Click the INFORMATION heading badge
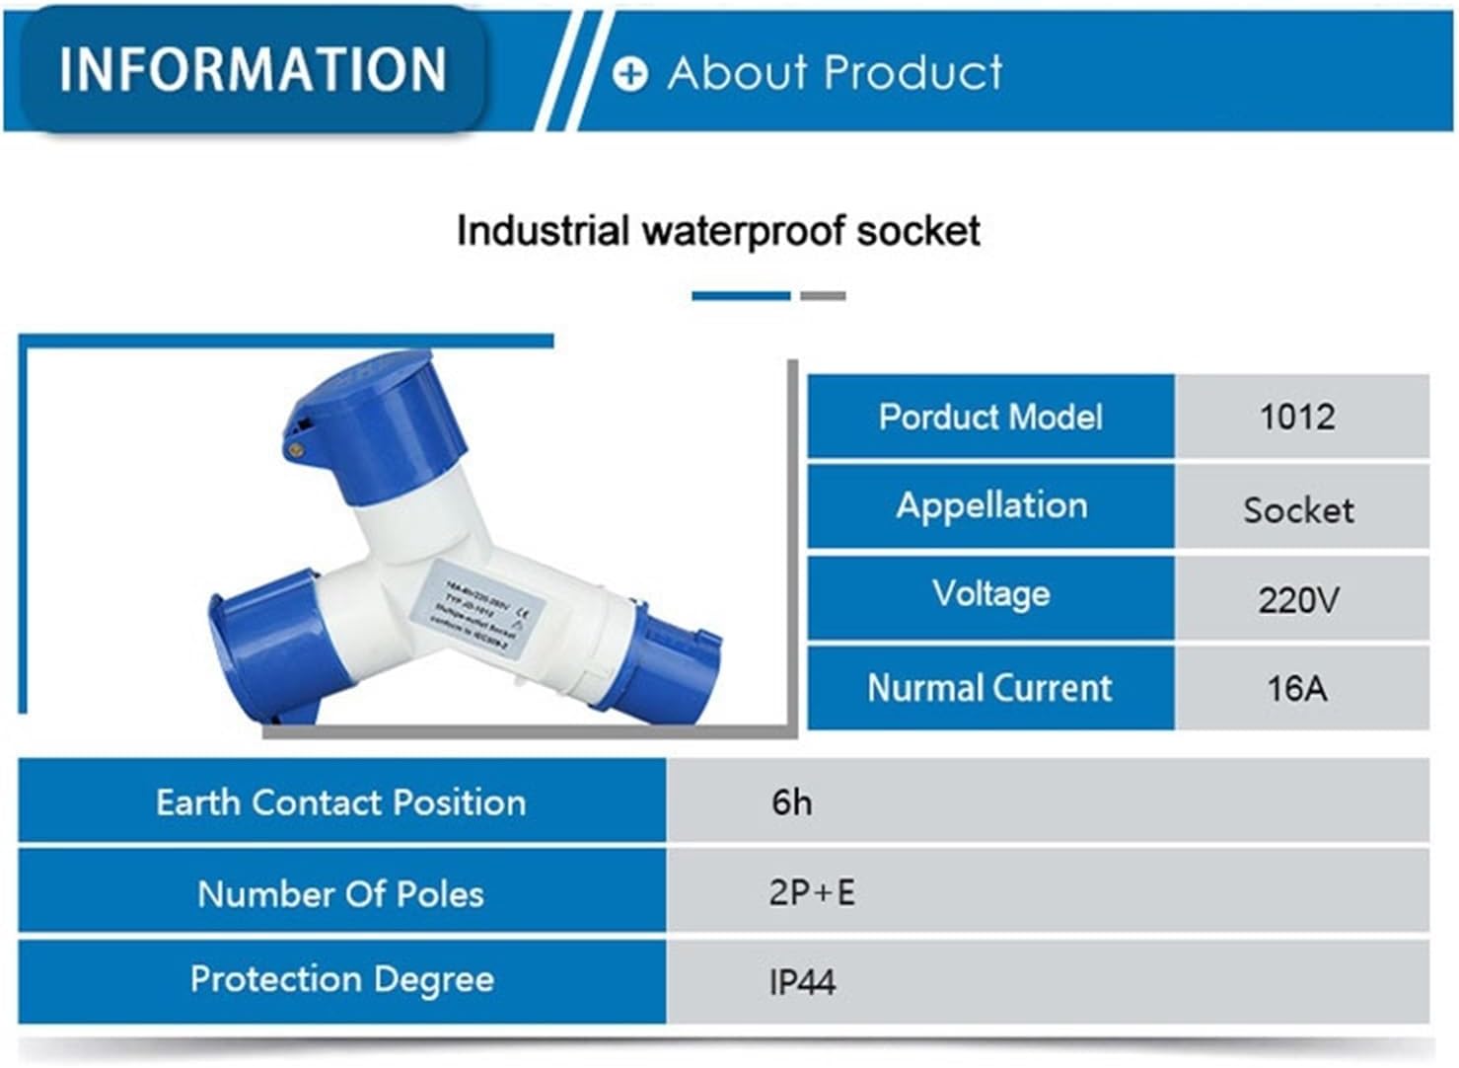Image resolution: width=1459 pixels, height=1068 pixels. pos(253,69)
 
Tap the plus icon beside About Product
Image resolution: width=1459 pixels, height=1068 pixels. pos(630,74)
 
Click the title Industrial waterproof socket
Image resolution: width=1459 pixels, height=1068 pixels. pos(718,231)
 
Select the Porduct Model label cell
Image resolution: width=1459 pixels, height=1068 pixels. pos(990,417)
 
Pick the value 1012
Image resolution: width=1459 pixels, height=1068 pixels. pos(1298,417)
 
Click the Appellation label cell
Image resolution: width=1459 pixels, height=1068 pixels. pos(990,505)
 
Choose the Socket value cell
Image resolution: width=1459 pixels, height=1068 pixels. pos(1298,509)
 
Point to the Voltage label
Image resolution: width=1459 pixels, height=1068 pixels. pos(990,594)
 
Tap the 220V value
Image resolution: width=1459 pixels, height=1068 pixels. pos(1298,599)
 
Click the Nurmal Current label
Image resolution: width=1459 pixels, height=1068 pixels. pos(990,687)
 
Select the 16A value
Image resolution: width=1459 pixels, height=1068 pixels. pos(1298,687)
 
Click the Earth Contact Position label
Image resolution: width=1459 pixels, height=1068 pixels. pos(341,801)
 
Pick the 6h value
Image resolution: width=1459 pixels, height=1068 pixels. pos(792,802)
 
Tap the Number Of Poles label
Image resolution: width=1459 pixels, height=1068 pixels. pos(341,893)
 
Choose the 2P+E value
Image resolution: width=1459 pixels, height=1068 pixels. pos(812,892)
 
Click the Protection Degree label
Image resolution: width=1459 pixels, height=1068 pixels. pos(341,979)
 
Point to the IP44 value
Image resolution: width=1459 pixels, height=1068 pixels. pos(802,982)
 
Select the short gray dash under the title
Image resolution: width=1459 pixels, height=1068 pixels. pos(823,295)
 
